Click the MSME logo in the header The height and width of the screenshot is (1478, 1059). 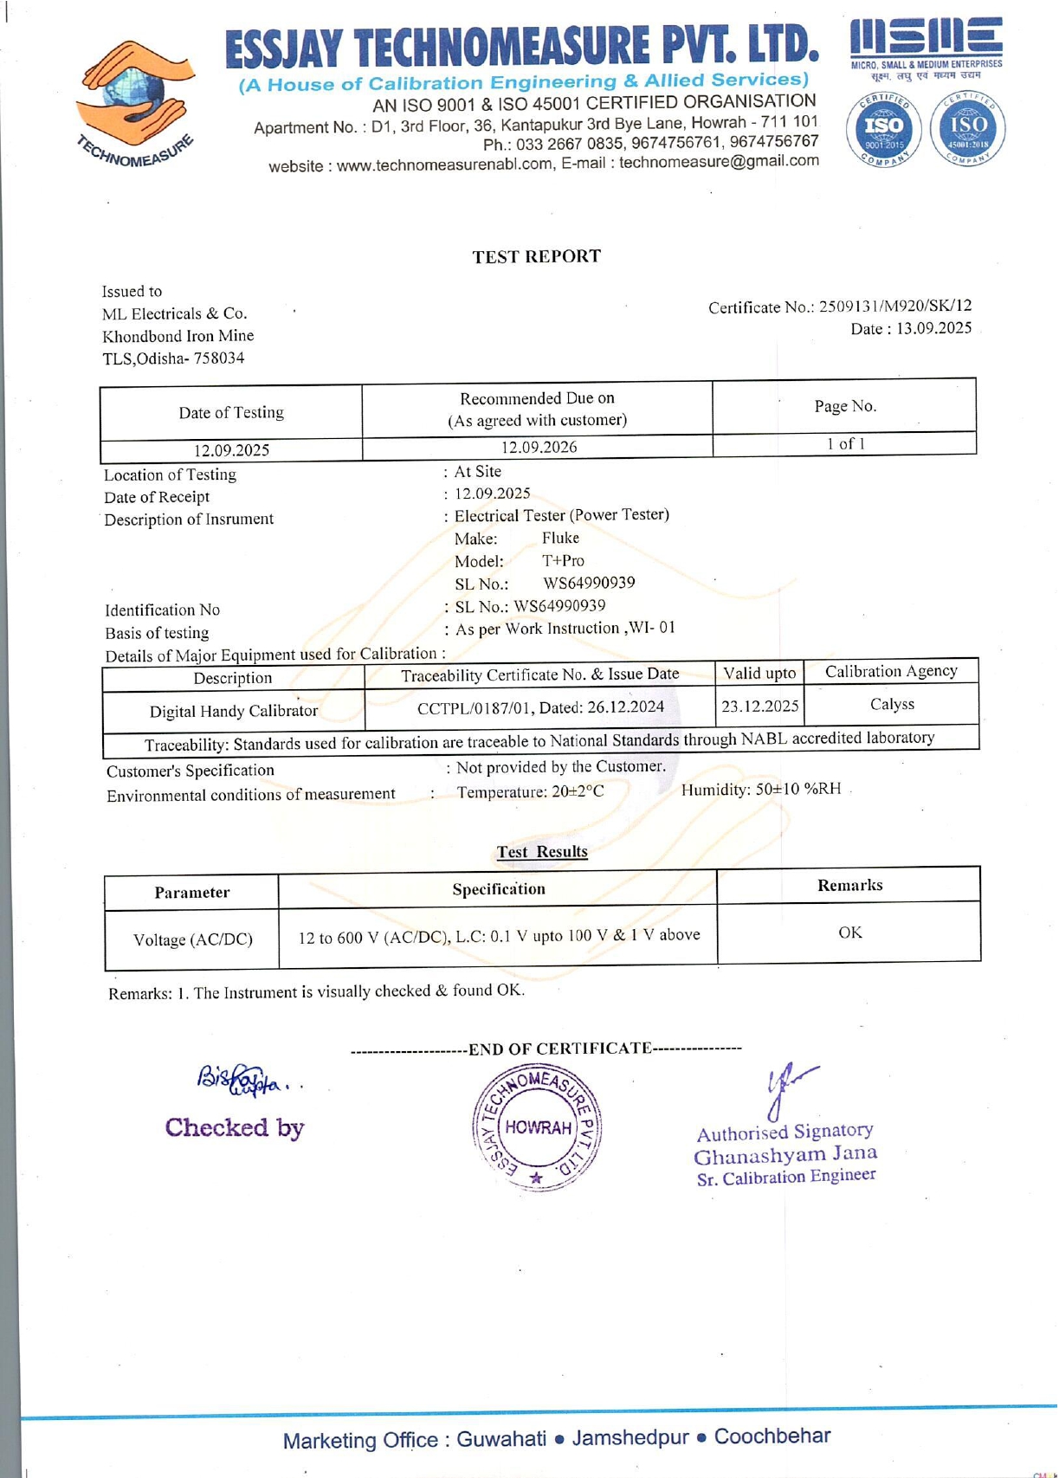(x=926, y=48)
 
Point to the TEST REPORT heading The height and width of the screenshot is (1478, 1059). (x=536, y=256)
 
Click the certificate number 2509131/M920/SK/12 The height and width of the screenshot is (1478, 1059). (x=895, y=306)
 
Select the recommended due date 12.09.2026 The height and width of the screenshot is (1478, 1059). (x=539, y=447)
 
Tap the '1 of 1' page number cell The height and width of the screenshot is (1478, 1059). (x=845, y=443)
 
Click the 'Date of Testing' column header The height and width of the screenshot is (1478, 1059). (x=231, y=412)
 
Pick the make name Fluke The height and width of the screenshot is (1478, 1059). (x=560, y=538)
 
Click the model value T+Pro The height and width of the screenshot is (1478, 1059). (x=563, y=560)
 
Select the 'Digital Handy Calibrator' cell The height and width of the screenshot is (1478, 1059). (x=234, y=711)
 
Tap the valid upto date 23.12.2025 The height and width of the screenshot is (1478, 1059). (x=759, y=706)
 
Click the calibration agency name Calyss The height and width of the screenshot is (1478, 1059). (x=892, y=704)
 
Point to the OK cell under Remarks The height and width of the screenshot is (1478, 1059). (x=849, y=933)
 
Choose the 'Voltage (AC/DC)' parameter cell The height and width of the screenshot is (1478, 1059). (x=192, y=939)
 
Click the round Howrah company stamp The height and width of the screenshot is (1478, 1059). (x=537, y=1127)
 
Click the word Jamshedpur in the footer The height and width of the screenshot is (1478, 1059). (x=630, y=1438)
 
